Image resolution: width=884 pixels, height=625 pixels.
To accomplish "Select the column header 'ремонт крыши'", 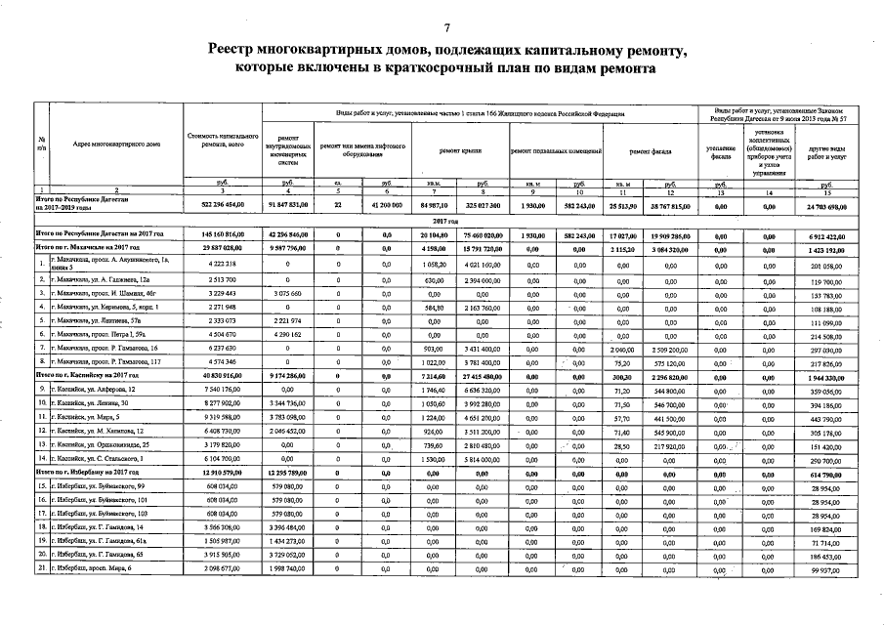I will [x=459, y=150].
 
